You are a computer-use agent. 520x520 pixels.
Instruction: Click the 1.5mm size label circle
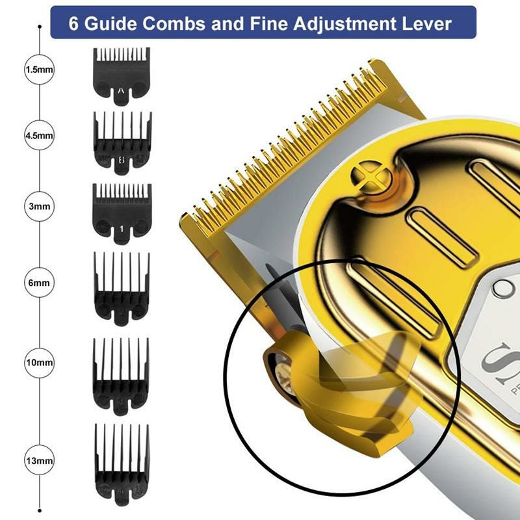pyautogui.click(x=39, y=70)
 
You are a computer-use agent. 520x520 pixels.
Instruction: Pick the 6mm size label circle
pyautogui.click(x=39, y=283)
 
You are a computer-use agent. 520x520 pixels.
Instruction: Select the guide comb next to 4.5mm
pyautogui.click(x=122, y=141)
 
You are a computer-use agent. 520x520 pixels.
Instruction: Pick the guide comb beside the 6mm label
pyautogui.click(x=122, y=286)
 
